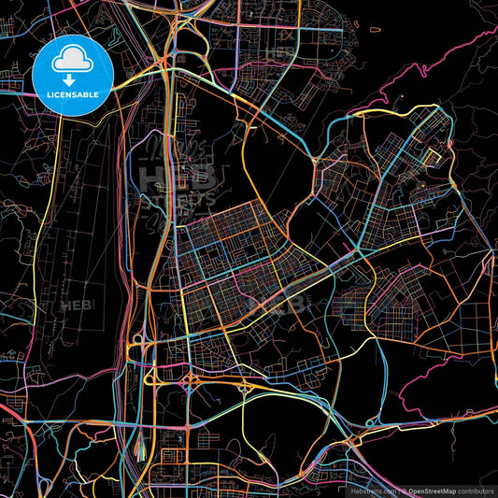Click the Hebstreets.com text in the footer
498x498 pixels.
pos(374,491)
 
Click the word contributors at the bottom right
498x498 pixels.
pos(476,491)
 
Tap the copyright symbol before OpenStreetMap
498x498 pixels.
pos(405,491)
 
